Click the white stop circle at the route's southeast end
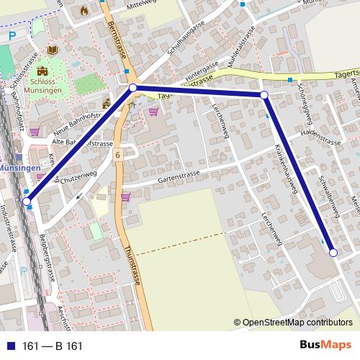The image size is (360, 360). pyautogui.click(x=333, y=253)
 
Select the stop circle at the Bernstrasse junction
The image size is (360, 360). pyautogui.click(x=132, y=89)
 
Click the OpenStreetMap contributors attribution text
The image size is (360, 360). pyautogui.click(x=297, y=323)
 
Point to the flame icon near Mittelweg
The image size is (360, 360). pyautogui.click(x=84, y=11)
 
